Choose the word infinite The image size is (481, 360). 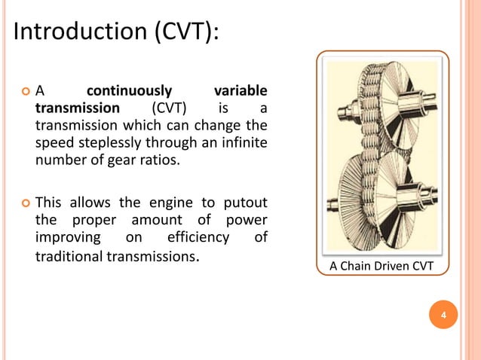click(x=241, y=142)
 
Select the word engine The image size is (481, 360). click(x=170, y=203)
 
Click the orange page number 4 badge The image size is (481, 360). click(x=443, y=314)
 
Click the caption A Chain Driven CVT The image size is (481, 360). click(x=383, y=264)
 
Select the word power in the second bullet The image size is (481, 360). click(x=243, y=221)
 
